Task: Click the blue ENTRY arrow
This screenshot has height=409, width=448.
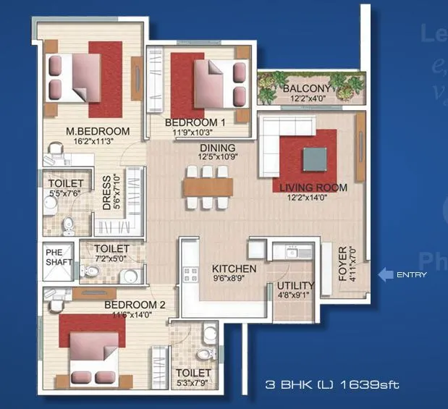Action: pos(386,274)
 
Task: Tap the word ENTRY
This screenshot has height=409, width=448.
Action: pos(412,275)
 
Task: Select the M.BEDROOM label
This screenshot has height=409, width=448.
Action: pos(98,131)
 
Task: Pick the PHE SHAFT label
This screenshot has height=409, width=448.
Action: pos(54,258)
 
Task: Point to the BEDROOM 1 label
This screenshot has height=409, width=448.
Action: pos(195,122)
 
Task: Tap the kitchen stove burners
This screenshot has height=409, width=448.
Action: pos(192,275)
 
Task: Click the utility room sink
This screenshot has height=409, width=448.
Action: pos(292,253)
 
